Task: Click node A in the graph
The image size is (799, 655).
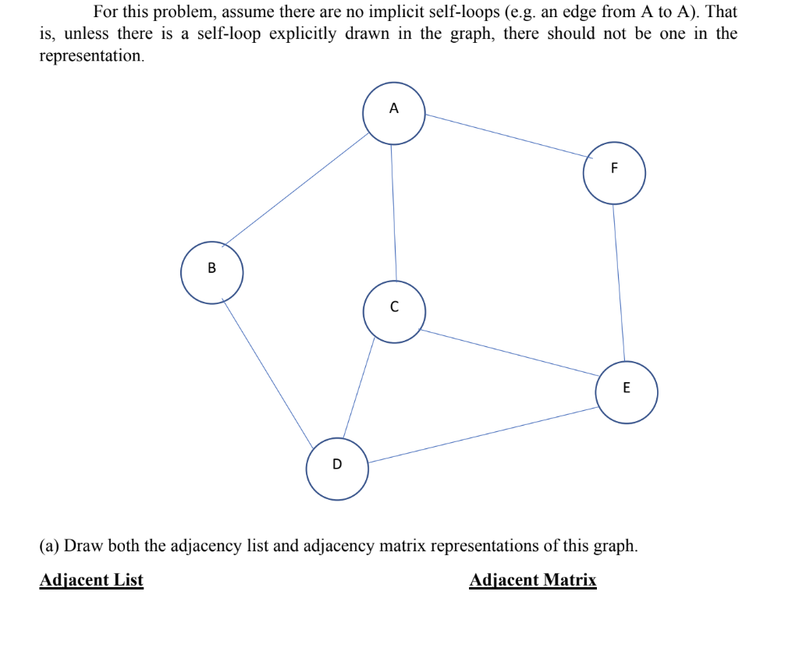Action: tap(393, 114)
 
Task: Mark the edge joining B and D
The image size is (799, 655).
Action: tap(268, 373)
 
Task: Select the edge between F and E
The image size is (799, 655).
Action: tap(618, 282)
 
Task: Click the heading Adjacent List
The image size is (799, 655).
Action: tap(91, 580)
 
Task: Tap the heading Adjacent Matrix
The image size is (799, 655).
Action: tap(533, 580)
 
